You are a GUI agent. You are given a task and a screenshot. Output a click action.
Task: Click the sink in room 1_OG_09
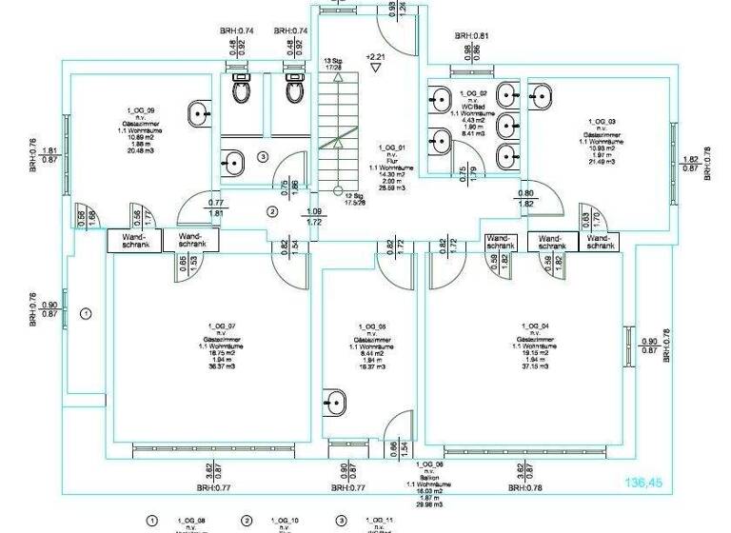202,112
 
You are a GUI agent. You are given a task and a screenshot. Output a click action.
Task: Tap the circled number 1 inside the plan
87,312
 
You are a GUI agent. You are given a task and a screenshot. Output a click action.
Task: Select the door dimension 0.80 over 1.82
525,199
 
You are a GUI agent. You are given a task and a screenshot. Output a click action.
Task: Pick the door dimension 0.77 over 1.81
216,208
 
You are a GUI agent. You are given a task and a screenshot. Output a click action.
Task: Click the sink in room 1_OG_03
541,94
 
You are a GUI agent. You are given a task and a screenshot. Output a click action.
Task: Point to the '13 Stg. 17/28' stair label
333,63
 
